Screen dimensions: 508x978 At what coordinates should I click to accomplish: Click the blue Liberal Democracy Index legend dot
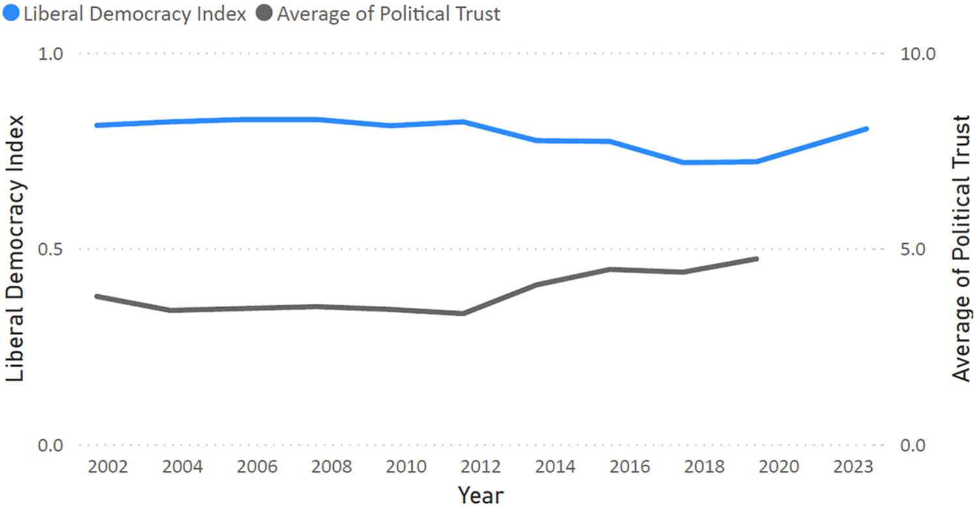coord(10,14)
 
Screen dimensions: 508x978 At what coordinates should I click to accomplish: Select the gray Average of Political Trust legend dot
coord(264,14)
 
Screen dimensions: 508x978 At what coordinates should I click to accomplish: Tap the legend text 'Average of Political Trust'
coord(389,14)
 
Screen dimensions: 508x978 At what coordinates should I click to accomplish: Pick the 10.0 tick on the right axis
coord(917,53)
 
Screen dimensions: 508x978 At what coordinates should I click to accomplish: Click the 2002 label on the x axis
coord(108,467)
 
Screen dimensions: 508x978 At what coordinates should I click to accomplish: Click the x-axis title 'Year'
coord(481,494)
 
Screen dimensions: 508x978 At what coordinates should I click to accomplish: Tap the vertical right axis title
coord(960,248)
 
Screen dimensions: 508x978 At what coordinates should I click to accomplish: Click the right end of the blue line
coord(867,128)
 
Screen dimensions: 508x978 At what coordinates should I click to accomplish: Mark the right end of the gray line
coord(756,259)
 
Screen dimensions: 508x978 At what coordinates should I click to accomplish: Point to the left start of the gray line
coord(96,296)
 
